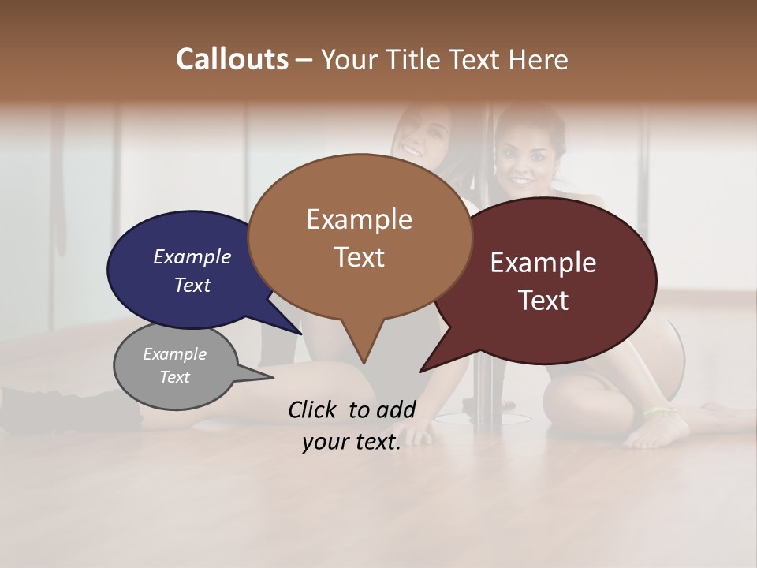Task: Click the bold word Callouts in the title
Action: click(x=232, y=59)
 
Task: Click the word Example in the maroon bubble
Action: click(x=543, y=263)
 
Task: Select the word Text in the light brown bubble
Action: click(x=360, y=257)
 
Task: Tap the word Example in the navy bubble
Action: click(x=192, y=257)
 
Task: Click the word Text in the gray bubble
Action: click(x=175, y=377)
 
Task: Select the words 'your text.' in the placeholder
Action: click(x=352, y=442)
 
